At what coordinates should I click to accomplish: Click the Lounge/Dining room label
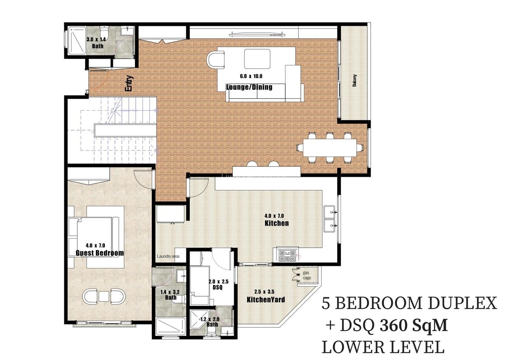pos(249,87)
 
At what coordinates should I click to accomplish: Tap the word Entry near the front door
pos(129,84)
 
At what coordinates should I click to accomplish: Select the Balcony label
pos(354,81)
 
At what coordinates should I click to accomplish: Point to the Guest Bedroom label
pos(100,253)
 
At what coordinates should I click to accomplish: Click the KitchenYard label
pos(266,300)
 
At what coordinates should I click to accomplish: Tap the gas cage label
pos(307,275)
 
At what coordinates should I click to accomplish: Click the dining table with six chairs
pos(330,148)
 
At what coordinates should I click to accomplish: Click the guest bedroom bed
pos(95,236)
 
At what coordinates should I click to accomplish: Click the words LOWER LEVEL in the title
pos(383,347)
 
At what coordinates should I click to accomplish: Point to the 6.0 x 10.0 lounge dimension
pos(251,76)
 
